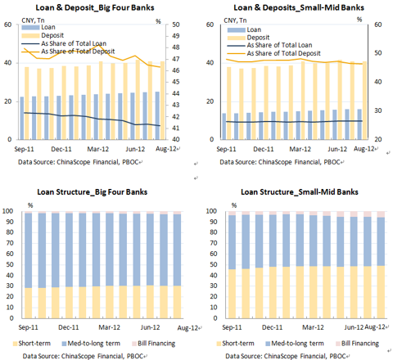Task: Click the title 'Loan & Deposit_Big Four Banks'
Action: pos(95,7)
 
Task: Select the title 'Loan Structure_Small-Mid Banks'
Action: pos(300,192)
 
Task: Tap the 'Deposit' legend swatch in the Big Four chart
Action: pos(30,35)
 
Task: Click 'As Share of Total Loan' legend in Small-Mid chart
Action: pos(279,45)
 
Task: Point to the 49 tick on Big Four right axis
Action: pos(176,36)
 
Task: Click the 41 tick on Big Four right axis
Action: pos(176,128)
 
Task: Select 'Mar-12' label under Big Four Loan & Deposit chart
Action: pos(97,149)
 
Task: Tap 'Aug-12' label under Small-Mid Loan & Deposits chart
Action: pos(364,149)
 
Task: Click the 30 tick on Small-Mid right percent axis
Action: pos(378,110)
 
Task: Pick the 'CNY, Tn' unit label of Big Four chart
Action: pos(33,20)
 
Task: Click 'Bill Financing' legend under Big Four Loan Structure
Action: pos(156,344)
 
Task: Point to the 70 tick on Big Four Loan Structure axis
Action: pos(10,243)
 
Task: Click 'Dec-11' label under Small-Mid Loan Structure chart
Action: pos(272,327)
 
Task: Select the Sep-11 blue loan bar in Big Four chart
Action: pos(22,118)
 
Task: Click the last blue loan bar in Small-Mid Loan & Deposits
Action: pos(359,124)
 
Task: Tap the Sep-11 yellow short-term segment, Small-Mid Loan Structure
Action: pos(232,294)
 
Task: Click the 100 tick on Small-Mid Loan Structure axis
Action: pos(211,211)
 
